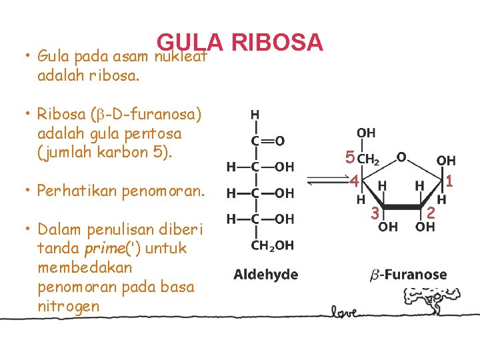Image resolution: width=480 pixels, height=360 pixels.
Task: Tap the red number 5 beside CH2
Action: point(349,159)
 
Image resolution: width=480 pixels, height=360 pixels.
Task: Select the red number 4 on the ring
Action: point(355,181)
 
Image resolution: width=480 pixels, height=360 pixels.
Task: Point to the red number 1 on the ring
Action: point(450,181)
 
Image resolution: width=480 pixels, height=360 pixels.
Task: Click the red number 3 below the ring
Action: point(375,213)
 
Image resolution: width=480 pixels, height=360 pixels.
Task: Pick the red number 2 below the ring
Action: point(431,213)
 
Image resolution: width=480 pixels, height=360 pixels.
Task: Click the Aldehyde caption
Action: point(265,275)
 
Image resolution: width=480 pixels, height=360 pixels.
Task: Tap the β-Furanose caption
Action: point(408,275)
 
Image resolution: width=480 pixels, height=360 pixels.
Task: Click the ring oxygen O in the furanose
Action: point(401,156)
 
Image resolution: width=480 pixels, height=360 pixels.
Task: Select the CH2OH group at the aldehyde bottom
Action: point(272,245)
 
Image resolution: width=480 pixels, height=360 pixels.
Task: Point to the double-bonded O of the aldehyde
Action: point(280,141)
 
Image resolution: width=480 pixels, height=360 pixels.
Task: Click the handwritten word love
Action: point(345,311)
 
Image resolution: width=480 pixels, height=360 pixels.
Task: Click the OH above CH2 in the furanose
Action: point(366,133)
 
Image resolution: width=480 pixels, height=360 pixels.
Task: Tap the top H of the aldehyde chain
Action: point(255,115)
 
